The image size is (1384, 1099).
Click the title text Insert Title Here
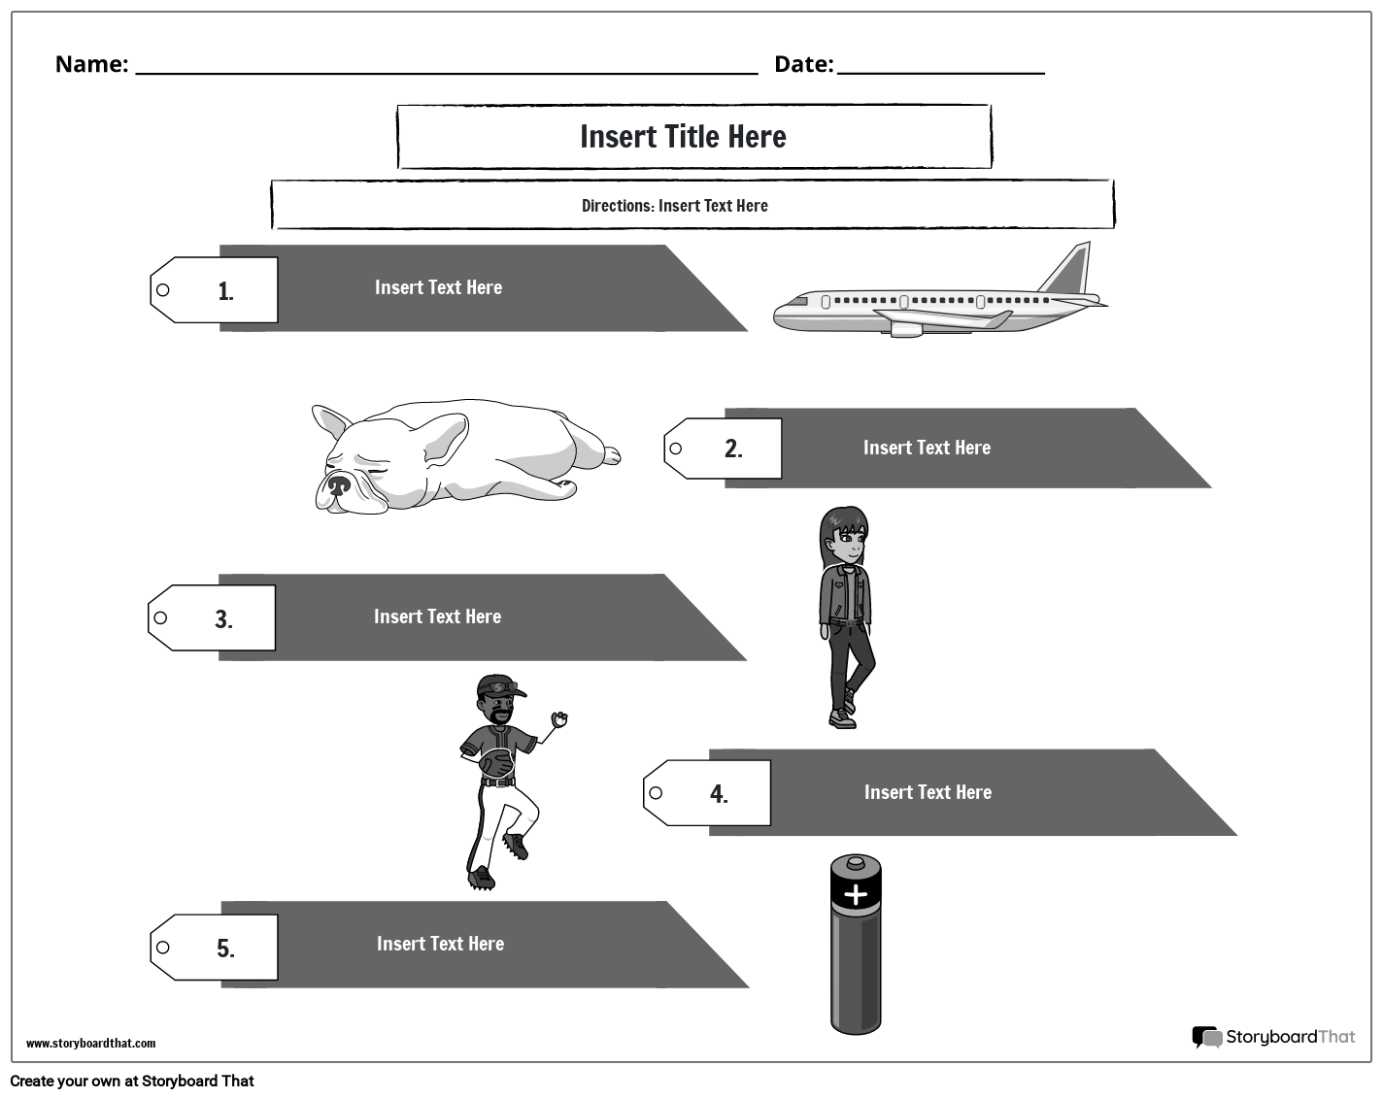pyautogui.click(x=683, y=137)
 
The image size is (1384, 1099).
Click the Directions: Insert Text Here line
pyautogui.click(x=675, y=206)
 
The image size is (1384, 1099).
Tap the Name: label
pyautogui.click(x=91, y=64)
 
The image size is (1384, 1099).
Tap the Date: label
pyautogui.click(x=803, y=64)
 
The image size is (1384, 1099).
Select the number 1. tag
pyautogui.click(x=225, y=291)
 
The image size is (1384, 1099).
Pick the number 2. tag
pyautogui.click(x=733, y=449)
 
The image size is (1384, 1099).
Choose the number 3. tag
pyautogui.click(x=223, y=619)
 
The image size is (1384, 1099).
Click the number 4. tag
pyautogui.click(x=719, y=794)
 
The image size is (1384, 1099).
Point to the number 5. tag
pyautogui.click(x=225, y=949)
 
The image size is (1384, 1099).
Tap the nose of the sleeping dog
pyautogui.click(x=337, y=484)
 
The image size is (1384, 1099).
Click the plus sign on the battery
pyautogui.click(x=856, y=894)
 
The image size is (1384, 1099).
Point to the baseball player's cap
pyautogui.click(x=499, y=686)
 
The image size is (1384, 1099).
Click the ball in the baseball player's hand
pyautogui.click(x=558, y=719)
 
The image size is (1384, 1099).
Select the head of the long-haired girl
pyautogui.click(x=844, y=535)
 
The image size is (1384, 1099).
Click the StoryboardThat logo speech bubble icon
pyautogui.click(x=1206, y=1038)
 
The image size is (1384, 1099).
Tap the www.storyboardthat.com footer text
pyautogui.click(x=90, y=1044)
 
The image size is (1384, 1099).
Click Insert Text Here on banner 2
pyautogui.click(x=927, y=448)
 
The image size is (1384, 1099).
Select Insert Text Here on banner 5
pyautogui.click(x=440, y=944)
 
